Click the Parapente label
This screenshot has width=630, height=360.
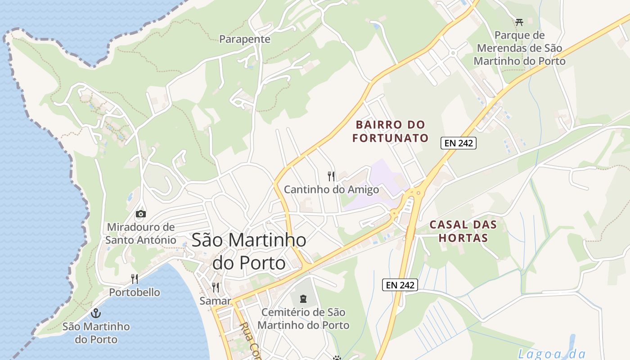[245, 39]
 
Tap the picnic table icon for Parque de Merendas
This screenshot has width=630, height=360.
[519, 22]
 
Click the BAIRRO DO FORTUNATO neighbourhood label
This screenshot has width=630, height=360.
[390, 131]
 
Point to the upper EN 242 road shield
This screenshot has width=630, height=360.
[458, 143]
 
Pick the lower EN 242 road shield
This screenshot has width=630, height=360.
[400, 284]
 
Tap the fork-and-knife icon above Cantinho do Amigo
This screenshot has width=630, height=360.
[331, 176]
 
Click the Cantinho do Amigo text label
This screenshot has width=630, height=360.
[331, 189]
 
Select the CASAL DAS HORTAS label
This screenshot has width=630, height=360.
[463, 231]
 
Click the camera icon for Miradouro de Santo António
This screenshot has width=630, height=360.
[141, 214]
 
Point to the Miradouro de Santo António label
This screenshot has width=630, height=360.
[141, 233]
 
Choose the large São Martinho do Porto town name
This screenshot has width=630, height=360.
[249, 251]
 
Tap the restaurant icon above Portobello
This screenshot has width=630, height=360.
[134, 279]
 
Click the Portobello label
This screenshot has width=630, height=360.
[135, 292]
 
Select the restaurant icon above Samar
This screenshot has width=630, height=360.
[216, 287]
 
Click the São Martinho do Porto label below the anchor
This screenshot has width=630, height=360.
[96, 333]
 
